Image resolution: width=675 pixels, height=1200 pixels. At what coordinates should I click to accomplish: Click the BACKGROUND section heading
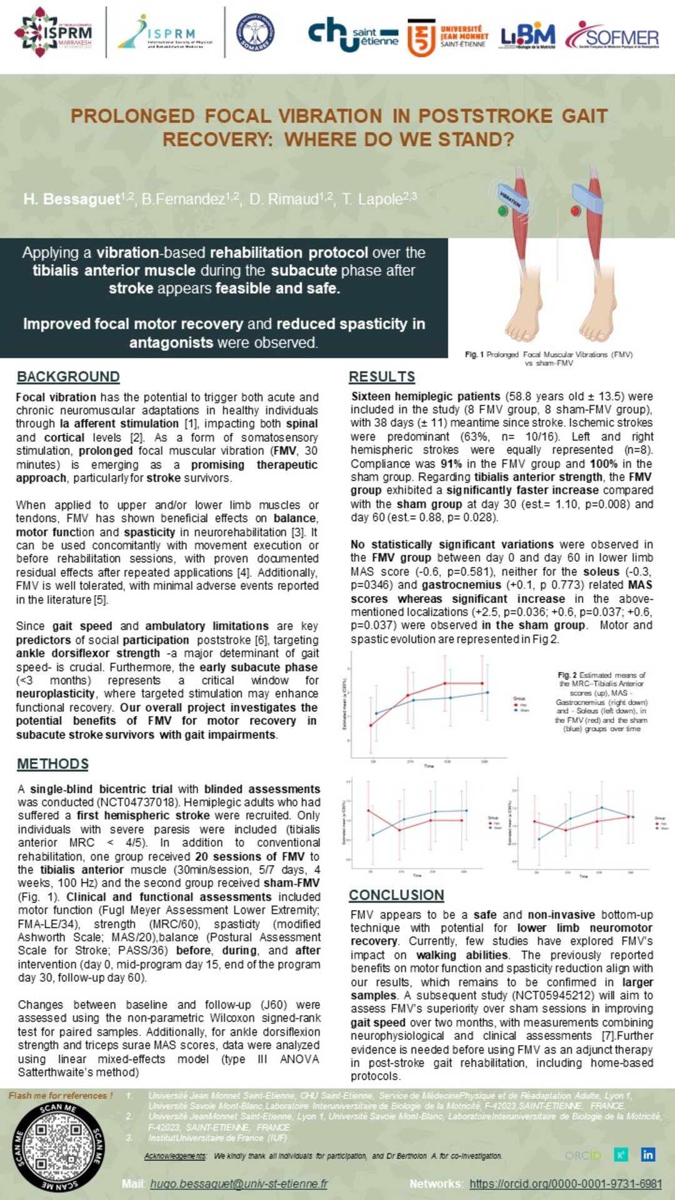[x=68, y=377]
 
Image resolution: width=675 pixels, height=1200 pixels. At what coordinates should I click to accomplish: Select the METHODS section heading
[x=52, y=764]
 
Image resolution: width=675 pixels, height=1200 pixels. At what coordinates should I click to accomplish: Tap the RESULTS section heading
[x=382, y=377]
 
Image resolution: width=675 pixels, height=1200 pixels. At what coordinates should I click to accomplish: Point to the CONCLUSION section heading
[x=396, y=895]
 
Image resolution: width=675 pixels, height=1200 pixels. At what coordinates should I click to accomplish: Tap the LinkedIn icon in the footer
[x=647, y=1154]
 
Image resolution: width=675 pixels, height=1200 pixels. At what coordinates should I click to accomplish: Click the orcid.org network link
[x=565, y=1184]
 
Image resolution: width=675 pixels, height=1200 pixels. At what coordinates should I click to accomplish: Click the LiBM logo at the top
[x=527, y=37]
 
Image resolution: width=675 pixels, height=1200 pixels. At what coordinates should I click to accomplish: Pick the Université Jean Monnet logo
[x=447, y=37]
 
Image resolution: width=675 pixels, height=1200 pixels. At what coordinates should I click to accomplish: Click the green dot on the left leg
[x=502, y=211]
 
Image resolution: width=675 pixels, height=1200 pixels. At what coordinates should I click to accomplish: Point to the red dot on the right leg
[x=576, y=211]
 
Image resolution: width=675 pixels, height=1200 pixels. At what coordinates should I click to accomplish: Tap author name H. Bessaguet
[x=72, y=199]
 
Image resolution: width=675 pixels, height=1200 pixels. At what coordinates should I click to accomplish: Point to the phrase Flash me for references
[x=61, y=1096]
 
